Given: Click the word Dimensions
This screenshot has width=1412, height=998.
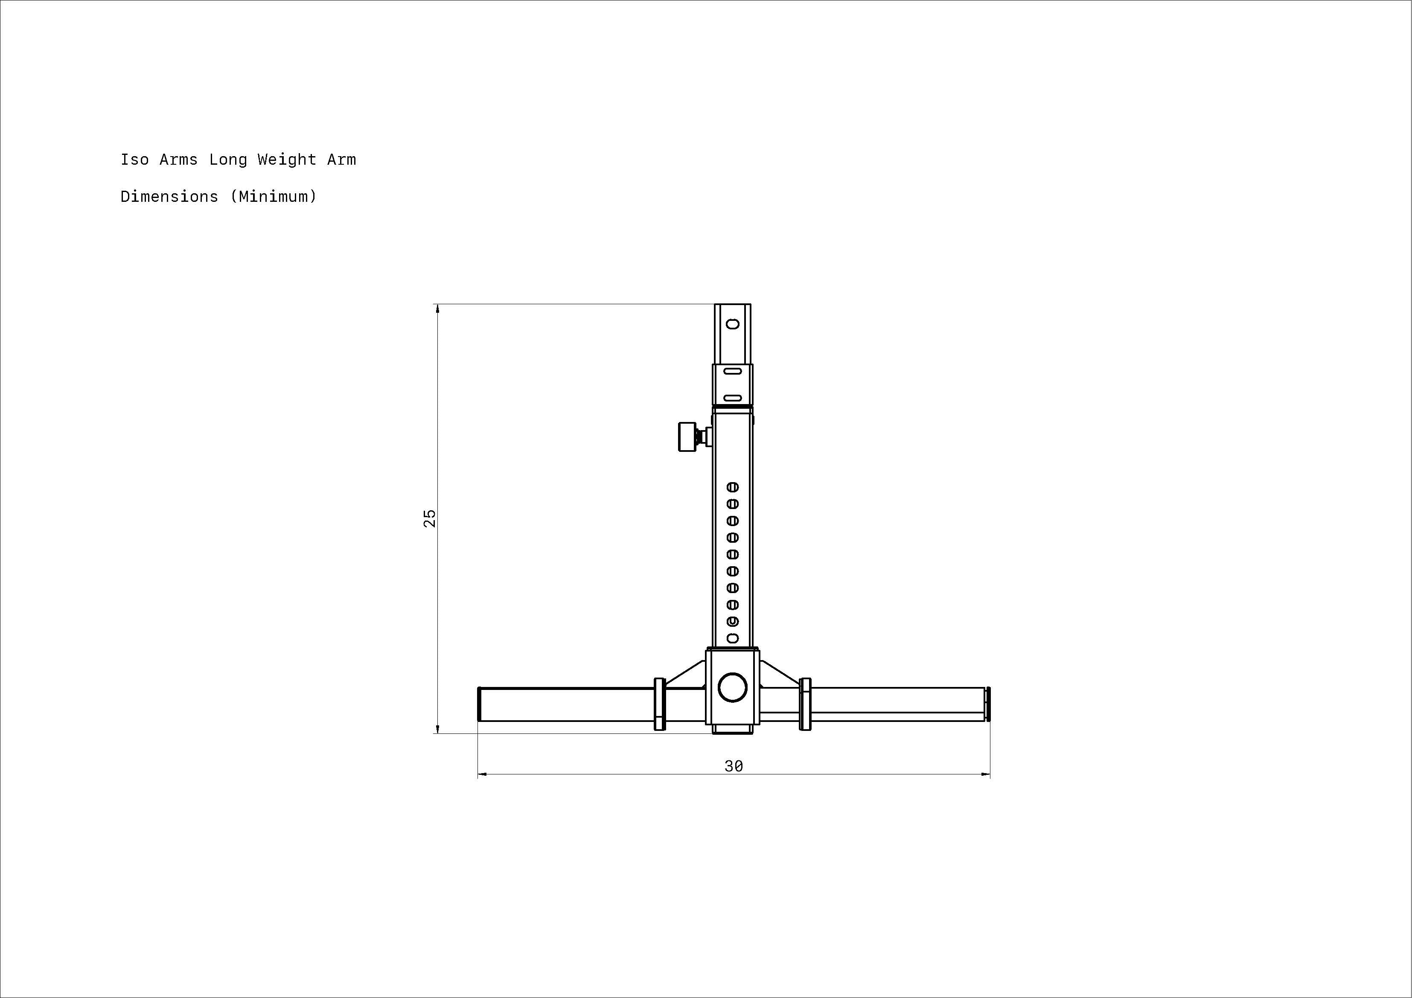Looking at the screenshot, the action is [169, 197].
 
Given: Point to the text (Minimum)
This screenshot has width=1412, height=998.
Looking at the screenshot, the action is [274, 197].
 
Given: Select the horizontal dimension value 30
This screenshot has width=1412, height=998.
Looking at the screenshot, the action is [734, 766].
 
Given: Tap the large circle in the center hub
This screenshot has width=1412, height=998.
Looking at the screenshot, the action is [732, 687].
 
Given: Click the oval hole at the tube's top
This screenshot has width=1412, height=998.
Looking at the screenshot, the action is [732, 323].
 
